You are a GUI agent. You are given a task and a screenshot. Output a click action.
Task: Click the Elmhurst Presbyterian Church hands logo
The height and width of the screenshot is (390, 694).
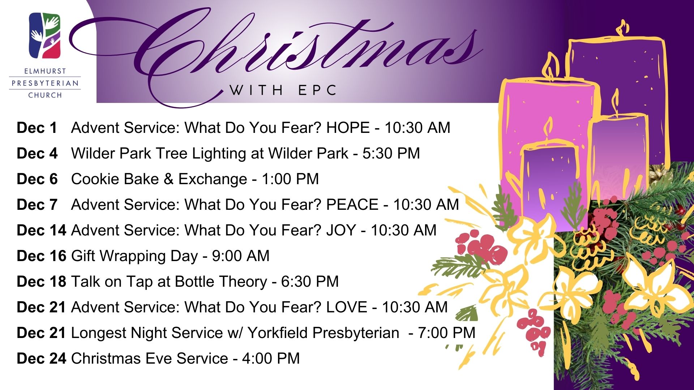(44, 35)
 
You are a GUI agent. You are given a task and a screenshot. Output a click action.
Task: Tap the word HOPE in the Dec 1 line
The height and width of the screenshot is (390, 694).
(348, 128)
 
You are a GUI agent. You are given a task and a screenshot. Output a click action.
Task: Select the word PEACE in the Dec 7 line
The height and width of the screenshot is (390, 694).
(352, 205)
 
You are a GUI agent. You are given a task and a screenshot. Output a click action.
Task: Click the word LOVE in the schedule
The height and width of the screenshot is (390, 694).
(346, 307)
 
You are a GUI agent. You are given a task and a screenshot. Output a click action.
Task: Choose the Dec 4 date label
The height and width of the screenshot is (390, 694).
(37, 153)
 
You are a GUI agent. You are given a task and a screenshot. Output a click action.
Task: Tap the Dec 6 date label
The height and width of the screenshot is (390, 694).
(37, 179)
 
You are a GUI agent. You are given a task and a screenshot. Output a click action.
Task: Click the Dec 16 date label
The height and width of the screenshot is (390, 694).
(41, 256)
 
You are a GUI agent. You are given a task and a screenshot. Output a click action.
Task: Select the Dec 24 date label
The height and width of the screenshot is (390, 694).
(41, 359)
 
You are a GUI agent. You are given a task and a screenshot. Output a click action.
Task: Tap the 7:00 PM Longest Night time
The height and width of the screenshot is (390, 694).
(447, 333)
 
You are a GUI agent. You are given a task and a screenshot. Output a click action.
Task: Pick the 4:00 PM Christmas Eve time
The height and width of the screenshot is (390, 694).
(271, 359)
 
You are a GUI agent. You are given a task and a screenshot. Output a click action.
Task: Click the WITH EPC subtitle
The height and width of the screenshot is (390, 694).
(283, 90)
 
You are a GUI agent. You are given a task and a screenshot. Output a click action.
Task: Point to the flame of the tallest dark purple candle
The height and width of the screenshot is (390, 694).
(622, 28)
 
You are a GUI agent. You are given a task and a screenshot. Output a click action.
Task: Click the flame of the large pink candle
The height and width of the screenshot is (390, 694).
(551, 67)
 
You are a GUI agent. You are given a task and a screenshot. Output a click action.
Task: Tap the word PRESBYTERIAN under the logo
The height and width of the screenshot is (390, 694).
(45, 83)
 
